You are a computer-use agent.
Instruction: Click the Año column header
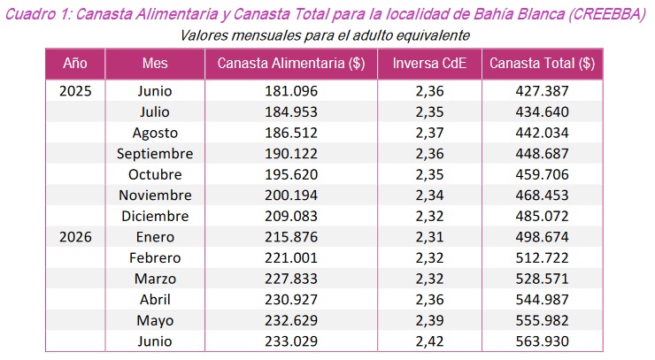pyautogui.click(x=75, y=64)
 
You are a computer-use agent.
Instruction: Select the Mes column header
pyautogui.click(x=155, y=64)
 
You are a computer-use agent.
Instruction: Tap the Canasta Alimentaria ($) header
pyautogui.click(x=291, y=64)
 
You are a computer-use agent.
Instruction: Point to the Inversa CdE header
pyautogui.click(x=429, y=64)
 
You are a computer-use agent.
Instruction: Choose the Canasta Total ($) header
pyautogui.click(x=543, y=64)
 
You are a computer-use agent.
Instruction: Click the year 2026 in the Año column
pyautogui.click(x=75, y=237)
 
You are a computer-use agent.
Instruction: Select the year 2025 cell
pyautogui.click(x=75, y=91)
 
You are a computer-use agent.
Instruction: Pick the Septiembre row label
pyautogui.click(x=155, y=154)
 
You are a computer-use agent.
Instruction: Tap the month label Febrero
pyautogui.click(x=155, y=258)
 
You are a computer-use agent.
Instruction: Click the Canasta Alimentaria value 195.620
pyautogui.click(x=291, y=174)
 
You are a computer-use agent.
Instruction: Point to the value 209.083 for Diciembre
pyautogui.click(x=291, y=217)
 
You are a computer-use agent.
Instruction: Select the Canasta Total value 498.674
pyautogui.click(x=543, y=237)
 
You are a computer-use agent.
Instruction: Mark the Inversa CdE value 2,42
pyautogui.click(x=429, y=341)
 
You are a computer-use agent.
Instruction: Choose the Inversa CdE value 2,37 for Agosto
pyautogui.click(x=429, y=133)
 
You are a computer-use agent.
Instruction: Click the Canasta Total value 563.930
pyautogui.click(x=543, y=341)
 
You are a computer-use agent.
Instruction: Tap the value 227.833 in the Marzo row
pyautogui.click(x=291, y=279)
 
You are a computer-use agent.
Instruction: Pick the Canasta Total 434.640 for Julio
pyautogui.click(x=543, y=112)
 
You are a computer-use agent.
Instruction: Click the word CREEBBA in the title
pyautogui.click(x=606, y=14)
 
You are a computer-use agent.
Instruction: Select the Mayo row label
pyautogui.click(x=155, y=321)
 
